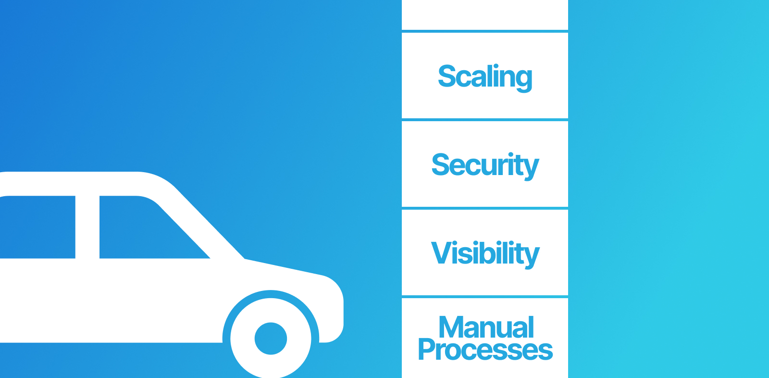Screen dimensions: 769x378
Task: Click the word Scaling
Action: (485, 76)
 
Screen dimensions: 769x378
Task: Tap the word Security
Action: (485, 165)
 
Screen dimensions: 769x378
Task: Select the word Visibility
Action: (485, 253)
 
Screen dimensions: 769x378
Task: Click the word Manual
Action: (486, 328)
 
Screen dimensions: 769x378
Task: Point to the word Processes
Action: (485, 350)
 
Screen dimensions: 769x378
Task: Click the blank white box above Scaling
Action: (485, 15)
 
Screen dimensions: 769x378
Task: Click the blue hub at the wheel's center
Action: (271, 339)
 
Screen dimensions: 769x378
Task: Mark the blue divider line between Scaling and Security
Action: (485, 120)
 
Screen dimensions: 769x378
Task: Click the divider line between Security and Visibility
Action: (485, 208)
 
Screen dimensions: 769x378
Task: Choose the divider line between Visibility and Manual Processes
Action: (485, 297)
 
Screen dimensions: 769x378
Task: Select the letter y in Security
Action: (532, 168)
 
